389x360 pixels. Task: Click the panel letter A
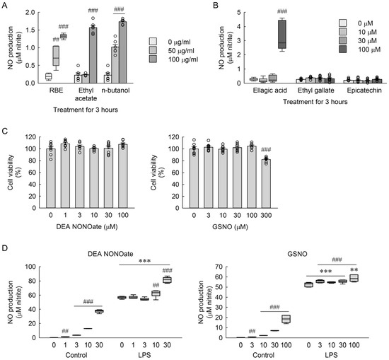coord(4,5)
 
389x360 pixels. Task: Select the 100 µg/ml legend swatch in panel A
coord(153,59)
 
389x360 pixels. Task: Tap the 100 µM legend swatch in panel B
coord(343,50)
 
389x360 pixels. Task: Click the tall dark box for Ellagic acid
coord(282,35)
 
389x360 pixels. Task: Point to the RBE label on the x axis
coord(57,91)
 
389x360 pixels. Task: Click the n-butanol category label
coord(115,91)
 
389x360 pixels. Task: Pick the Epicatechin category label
coord(364,91)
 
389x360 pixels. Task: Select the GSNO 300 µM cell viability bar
coord(266,184)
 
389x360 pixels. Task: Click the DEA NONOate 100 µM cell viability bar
coord(123,176)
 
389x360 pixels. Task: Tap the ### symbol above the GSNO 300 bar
coord(266,149)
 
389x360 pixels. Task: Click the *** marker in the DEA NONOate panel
coord(144,261)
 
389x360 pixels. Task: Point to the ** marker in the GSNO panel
coord(354,270)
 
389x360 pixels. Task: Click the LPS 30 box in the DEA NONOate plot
coord(167,280)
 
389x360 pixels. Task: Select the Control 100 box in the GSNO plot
coord(286,319)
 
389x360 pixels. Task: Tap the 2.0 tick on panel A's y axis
coord(30,13)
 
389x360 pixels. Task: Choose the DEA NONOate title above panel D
coord(110,254)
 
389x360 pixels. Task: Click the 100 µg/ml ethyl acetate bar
coord(93,55)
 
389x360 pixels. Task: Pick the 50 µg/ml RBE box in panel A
coord(56,56)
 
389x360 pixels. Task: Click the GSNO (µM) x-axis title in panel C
coord(231,226)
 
